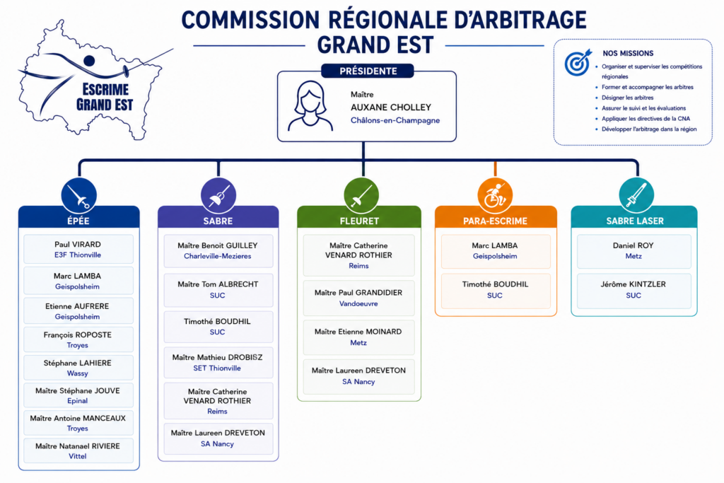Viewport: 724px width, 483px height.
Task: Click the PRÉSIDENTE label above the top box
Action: (368, 71)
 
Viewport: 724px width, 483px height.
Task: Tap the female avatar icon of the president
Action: (310, 106)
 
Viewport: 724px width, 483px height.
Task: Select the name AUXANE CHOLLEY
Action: (390, 107)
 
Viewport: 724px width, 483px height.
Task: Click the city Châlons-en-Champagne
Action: (395, 120)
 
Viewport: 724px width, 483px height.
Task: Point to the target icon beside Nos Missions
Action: (578, 62)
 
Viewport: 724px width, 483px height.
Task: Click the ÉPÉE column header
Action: (78, 221)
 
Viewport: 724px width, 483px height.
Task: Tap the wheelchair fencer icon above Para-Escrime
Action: (495, 196)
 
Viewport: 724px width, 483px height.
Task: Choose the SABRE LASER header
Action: (634, 221)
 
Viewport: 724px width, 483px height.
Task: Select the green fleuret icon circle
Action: (361, 196)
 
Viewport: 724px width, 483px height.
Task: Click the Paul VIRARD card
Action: (78, 250)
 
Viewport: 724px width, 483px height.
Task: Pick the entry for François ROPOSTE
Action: (78, 340)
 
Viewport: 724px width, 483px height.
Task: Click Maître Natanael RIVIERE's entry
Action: (78, 450)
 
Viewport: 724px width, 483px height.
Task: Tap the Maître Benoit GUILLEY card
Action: (218, 251)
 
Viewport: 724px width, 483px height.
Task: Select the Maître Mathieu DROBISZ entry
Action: (218, 363)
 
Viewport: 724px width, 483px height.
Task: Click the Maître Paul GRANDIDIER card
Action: (358, 298)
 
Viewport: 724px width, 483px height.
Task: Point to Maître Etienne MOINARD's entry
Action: (358, 337)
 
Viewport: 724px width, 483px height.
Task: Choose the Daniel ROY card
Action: (634, 251)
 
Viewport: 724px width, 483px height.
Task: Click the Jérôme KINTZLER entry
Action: (634, 291)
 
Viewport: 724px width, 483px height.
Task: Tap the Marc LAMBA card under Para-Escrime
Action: (496, 251)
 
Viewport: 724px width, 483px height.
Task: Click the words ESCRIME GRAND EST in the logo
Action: (105, 97)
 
